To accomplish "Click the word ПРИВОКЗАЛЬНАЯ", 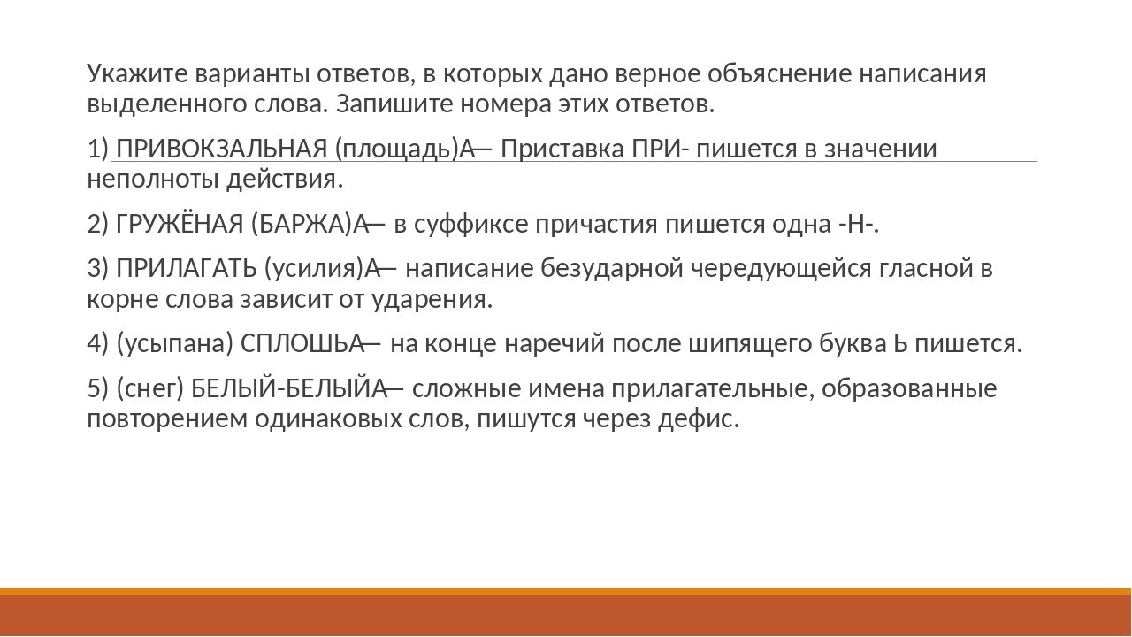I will tap(222, 150).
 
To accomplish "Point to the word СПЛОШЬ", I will tap(301, 343).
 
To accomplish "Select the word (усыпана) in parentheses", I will tap(175, 343).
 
